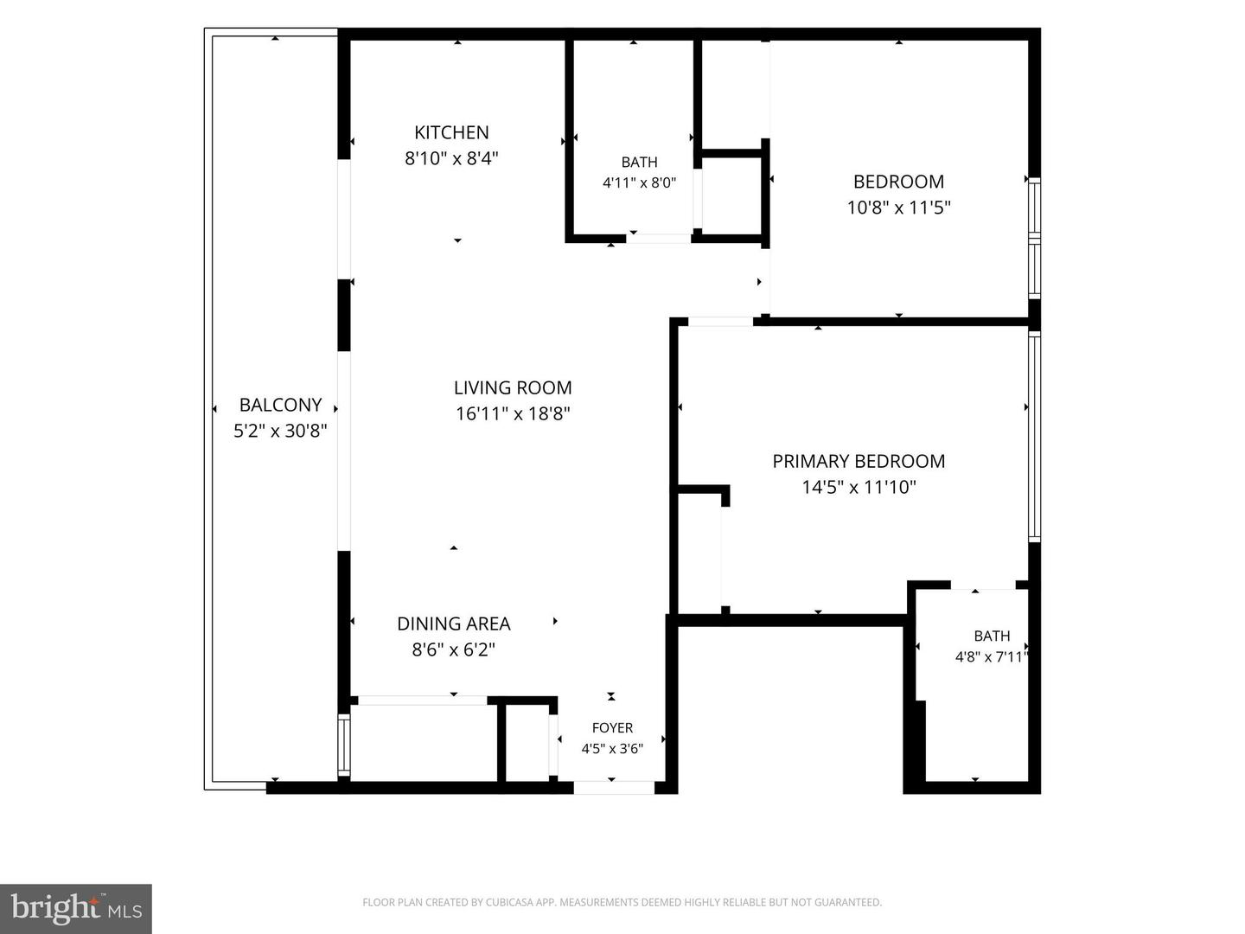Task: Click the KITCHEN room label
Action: pyautogui.click(x=451, y=132)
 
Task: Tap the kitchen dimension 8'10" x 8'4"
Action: pyautogui.click(x=451, y=158)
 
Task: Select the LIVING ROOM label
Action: pyautogui.click(x=513, y=388)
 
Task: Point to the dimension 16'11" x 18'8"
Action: pyautogui.click(x=513, y=413)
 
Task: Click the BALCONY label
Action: pyautogui.click(x=281, y=405)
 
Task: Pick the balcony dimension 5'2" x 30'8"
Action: pyautogui.click(x=281, y=431)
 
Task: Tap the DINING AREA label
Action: pyautogui.click(x=454, y=624)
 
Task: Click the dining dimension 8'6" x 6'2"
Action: pyautogui.click(x=454, y=649)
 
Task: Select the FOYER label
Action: pyautogui.click(x=613, y=727)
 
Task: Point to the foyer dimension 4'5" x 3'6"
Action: pyautogui.click(x=613, y=749)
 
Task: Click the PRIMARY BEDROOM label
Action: pyautogui.click(x=859, y=462)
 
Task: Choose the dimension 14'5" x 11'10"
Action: pyautogui.click(x=859, y=487)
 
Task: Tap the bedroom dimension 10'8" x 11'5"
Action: pyautogui.click(x=899, y=208)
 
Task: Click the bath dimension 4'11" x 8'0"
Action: pyautogui.click(x=639, y=182)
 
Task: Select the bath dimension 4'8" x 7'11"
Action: pyautogui.click(x=992, y=656)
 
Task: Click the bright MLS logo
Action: pyautogui.click(x=76, y=908)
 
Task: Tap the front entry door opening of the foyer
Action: pyautogui.click(x=614, y=787)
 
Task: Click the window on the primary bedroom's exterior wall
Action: pyautogui.click(x=1035, y=437)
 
